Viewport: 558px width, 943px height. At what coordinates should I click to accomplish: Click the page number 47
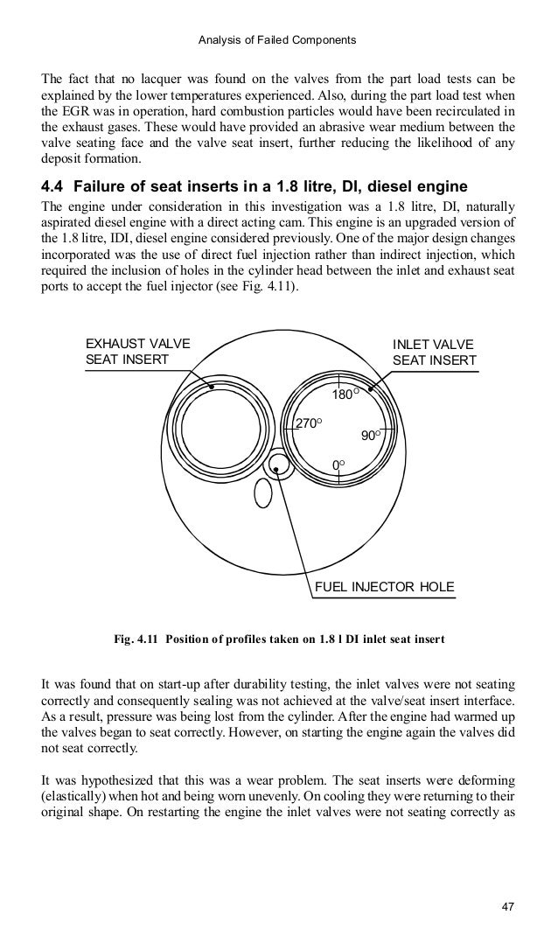click(x=506, y=905)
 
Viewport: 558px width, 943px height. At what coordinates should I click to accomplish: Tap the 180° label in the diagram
click(x=344, y=396)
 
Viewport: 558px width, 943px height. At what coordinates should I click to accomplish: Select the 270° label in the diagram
click(x=309, y=423)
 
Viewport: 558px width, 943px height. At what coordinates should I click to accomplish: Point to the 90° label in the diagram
click(x=372, y=436)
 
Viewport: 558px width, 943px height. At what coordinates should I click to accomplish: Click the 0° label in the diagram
click(x=338, y=463)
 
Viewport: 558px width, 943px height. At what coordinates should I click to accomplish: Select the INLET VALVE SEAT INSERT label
click(x=435, y=352)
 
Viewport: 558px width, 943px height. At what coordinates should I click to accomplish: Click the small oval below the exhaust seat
click(x=261, y=494)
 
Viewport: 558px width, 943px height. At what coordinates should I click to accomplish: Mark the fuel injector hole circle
click(x=278, y=466)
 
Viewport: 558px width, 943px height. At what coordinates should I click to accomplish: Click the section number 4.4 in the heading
click(x=54, y=189)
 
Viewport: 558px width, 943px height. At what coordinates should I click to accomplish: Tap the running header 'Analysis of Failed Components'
click(x=279, y=39)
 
